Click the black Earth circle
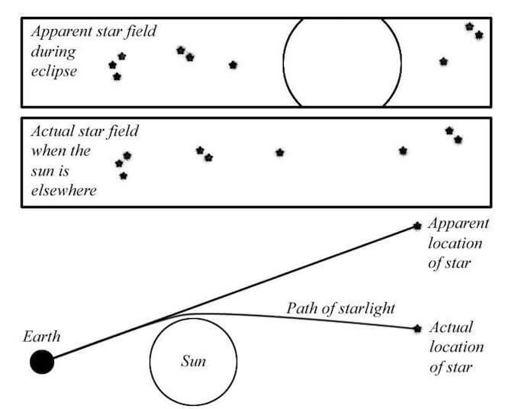[42, 361]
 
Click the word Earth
[42, 337]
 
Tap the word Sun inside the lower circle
[193, 361]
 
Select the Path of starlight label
[340, 308]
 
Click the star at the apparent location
[417, 225]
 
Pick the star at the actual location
[417, 328]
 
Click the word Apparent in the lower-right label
[458, 224]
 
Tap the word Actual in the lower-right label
[451, 327]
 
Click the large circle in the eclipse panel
[342, 61]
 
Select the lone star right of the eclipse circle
[443, 61]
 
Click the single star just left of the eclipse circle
[233, 65]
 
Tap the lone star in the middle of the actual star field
[280, 153]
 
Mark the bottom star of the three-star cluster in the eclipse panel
[117, 76]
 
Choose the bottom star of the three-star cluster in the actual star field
[124, 176]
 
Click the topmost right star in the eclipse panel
[470, 26]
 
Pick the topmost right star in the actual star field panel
[449, 130]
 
